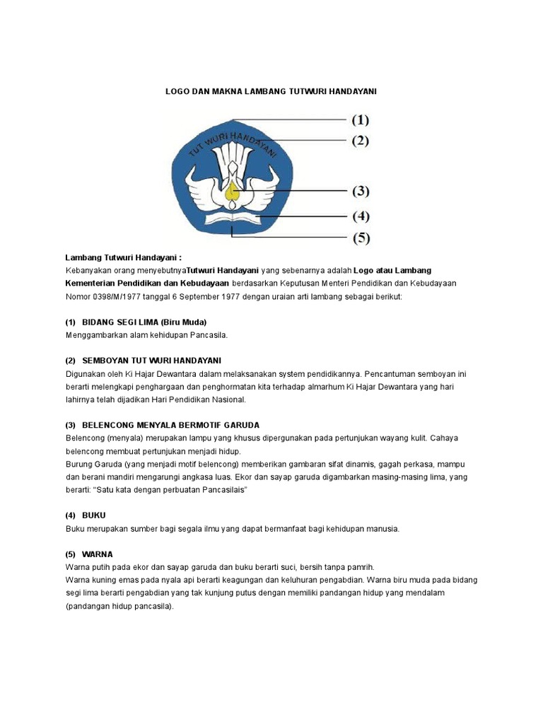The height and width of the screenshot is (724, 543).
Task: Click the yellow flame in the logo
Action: tap(231, 191)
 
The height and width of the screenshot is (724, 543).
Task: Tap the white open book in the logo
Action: tap(231, 217)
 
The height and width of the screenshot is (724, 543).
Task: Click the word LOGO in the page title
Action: tap(177, 92)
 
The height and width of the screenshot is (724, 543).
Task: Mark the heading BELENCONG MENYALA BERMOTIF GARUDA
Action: tap(170, 425)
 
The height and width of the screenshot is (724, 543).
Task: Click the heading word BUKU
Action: tap(93, 515)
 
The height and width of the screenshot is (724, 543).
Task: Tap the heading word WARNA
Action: tap(97, 554)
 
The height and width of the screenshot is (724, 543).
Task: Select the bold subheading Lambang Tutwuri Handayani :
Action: tap(124, 257)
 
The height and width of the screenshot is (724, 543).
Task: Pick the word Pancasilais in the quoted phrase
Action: tap(223, 490)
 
